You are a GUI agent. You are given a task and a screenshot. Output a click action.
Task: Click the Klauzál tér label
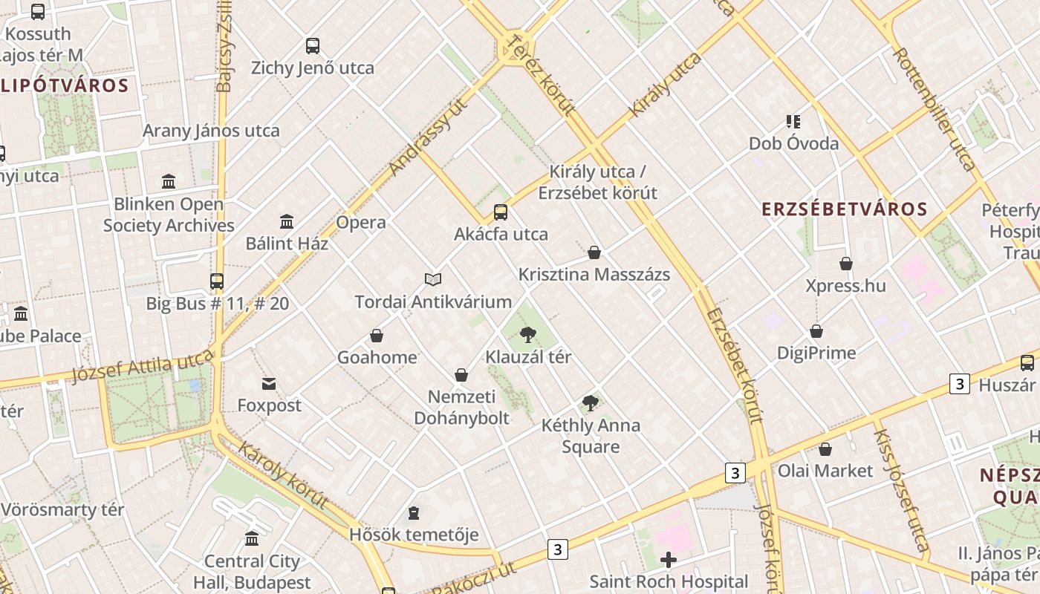(528, 357)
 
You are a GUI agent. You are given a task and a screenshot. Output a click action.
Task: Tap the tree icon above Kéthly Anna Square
(591, 403)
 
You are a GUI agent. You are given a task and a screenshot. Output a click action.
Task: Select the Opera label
(361, 223)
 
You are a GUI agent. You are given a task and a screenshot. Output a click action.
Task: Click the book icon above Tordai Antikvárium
(433, 279)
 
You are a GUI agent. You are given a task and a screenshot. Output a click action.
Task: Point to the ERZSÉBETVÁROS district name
(845, 209)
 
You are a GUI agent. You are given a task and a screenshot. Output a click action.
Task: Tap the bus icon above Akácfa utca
(501, 212)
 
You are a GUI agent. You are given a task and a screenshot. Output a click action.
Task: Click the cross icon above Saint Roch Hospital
(669, 559)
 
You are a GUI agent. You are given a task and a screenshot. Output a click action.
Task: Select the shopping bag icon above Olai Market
(825, 449)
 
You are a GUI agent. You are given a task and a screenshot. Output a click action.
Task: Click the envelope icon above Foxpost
(269, 384)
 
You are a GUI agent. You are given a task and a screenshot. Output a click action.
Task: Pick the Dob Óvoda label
(793, 143)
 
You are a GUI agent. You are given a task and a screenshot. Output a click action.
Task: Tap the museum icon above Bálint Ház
(287, 221)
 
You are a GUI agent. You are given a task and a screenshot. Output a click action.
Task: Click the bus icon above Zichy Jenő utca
(313, 46)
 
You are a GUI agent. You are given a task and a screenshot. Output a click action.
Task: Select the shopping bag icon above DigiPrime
(816, 331)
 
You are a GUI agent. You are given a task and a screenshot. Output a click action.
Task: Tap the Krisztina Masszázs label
(594, 275)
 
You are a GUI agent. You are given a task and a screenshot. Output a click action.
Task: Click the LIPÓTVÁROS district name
(65, 85)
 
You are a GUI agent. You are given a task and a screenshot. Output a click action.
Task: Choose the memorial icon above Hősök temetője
(414, 513)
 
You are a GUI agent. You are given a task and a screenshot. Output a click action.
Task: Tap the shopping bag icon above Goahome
(377, 336)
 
